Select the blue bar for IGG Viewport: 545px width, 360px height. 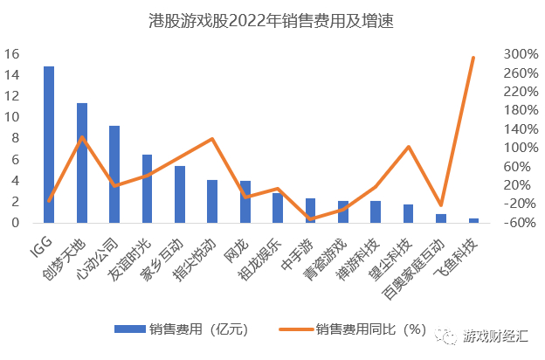click(x=49, y=144)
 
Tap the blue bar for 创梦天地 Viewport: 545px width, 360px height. click(x=82, y=163)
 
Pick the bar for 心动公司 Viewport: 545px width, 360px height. click(x=114, y=174)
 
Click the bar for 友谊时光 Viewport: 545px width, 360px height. click(x=147, y=188)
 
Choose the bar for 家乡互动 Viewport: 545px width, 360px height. click(x=180, y=194)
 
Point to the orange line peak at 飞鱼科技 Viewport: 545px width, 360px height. click(x=473, y=58)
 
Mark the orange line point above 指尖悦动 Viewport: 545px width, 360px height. click(x=212, y=139)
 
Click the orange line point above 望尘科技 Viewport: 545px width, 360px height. click(x=408, y=147)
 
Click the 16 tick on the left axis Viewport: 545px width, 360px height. click(x=12, y=54)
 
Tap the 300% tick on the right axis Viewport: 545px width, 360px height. click(x=519, y=54)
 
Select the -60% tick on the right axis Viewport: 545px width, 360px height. click(x=519, y=222)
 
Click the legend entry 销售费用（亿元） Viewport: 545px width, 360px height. click(x=180, y=329)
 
